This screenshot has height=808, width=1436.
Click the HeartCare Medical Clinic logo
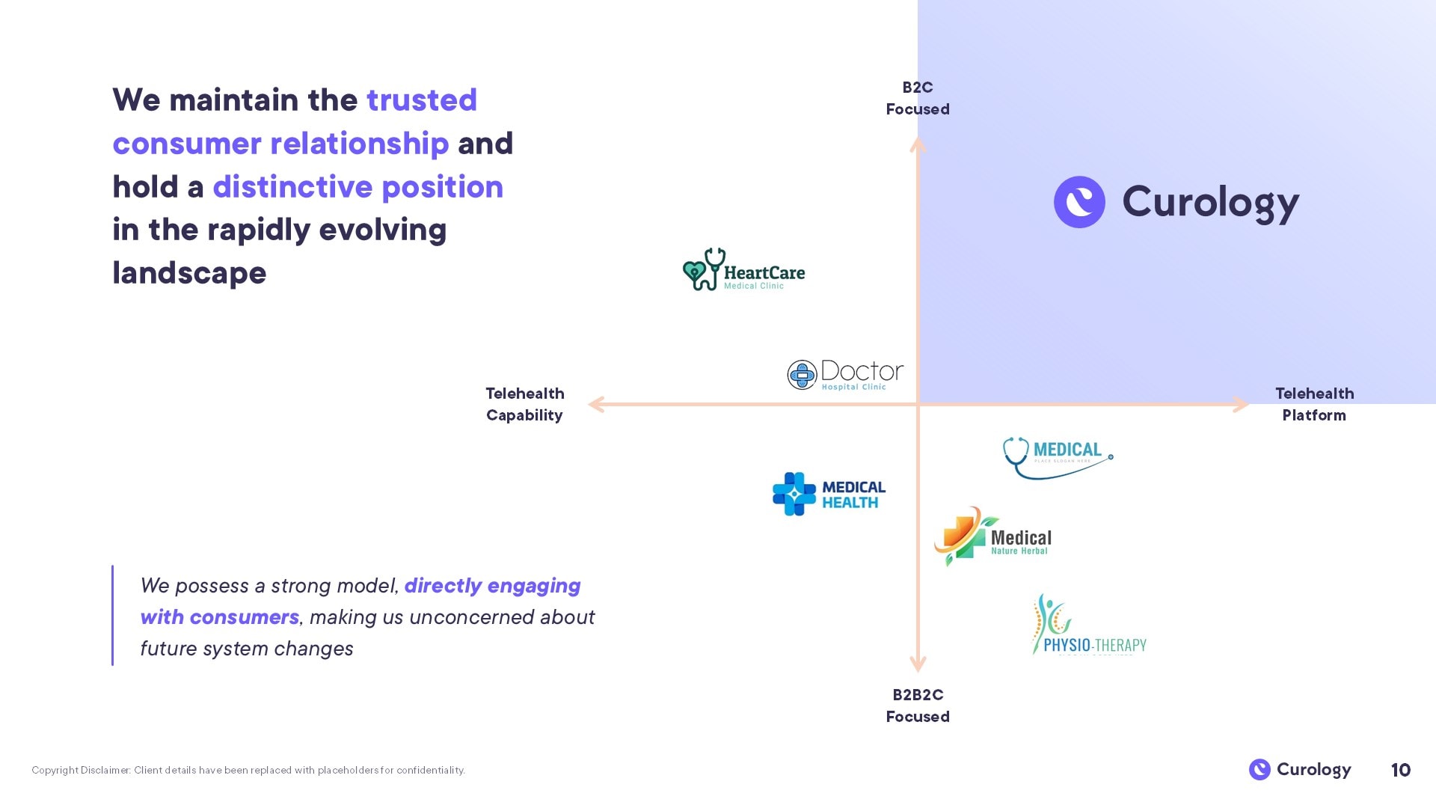(743, 270)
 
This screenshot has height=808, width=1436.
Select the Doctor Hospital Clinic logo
(845, 375)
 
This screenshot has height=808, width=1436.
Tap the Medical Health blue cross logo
(829, 494)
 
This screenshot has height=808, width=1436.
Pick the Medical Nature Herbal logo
(992, 537)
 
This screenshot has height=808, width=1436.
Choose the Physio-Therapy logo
(1088, 625)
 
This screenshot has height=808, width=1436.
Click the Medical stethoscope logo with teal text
(1058, 456)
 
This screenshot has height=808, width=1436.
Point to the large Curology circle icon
(1079, 202)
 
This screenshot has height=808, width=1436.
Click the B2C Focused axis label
(918, 98)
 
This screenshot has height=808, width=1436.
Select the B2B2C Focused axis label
(918, 706)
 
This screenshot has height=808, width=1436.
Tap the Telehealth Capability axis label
(524, 404)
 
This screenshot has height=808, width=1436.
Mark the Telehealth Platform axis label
(1314, 404)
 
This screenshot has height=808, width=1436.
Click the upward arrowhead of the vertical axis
(918, 144)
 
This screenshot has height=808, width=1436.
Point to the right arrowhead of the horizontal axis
(1242, 404)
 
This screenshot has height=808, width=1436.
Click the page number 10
(1400, 770)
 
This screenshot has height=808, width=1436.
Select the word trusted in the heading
(422, 100)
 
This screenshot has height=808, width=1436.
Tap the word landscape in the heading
(189, 273)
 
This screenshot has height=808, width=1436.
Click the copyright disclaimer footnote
(248, 770)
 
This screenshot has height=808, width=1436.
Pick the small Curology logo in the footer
(1300, 769)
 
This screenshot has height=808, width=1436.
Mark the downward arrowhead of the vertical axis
(918, 664)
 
